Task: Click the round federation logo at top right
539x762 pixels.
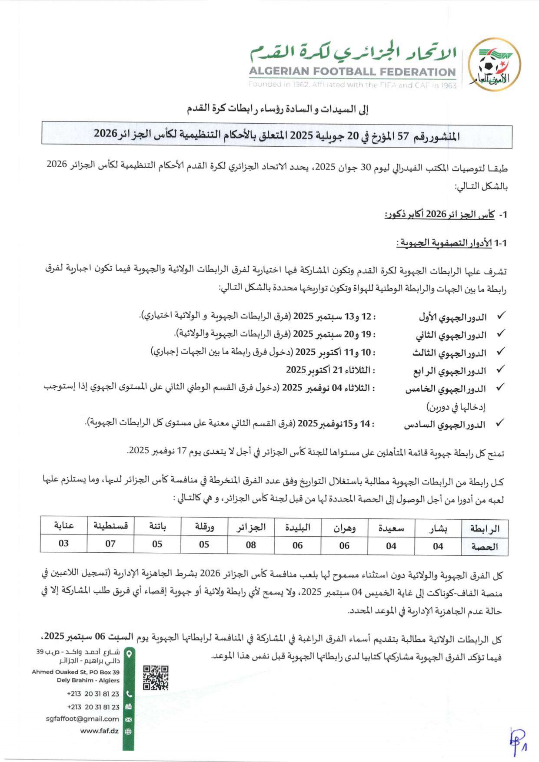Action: [x=494, y=65]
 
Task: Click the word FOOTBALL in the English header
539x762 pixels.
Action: [x=345, y=72]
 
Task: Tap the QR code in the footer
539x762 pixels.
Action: [x=156, y=677]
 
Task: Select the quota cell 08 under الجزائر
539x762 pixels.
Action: [x=251, y=544]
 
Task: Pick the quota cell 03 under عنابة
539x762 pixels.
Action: [x=63, y=543]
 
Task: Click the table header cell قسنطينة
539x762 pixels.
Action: [x=110, y=526]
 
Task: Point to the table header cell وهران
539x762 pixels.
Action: [x=344, y=528]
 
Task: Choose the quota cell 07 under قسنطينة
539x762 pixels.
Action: [x=110, y=544]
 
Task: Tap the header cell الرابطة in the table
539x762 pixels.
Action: [x=485, y=528]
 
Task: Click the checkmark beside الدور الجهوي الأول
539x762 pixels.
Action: [x=501, y=316]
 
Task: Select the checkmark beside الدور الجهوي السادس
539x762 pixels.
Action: [x=501, y=422]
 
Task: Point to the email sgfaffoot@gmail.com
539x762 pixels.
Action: [x=82, y=719]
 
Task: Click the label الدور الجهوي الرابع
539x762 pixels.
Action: [x=449, y=371]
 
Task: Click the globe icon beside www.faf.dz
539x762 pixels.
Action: [x=128, y=731]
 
